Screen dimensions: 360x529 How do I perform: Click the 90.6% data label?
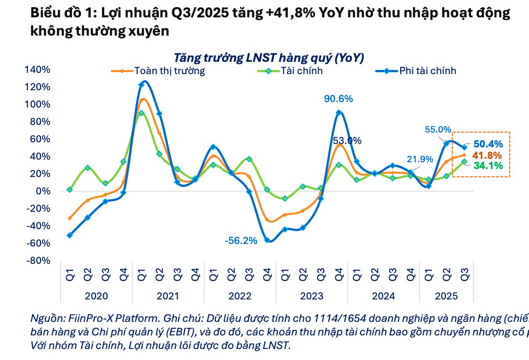click(338, 99)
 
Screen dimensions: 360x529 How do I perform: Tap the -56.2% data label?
click(241, 241)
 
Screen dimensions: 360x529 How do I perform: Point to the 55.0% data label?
click(437, 130)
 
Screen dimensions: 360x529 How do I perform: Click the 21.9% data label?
click(420, 159)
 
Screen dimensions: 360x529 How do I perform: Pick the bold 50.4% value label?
click(488, 144)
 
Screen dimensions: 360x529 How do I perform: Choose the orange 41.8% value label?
click(488, 155)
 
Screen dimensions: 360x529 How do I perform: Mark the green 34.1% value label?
click(488, 166)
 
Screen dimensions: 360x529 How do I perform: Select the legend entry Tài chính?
click(301, 71)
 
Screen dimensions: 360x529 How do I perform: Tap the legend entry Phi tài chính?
click(427, 71)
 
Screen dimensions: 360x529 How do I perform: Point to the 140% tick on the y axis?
click(39, 69)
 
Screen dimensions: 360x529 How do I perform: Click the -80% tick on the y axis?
click(39, 260)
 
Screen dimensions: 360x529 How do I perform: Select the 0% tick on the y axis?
click(45, 191)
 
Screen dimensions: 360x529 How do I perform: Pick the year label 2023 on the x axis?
click(312, 296)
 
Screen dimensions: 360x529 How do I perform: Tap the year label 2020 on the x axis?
click(96, 296)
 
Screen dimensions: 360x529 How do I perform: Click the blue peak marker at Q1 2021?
click(142, 85)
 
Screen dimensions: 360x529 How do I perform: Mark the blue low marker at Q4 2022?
click(267, 240)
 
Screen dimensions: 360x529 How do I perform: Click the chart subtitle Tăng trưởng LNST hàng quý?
click(269, 58)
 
